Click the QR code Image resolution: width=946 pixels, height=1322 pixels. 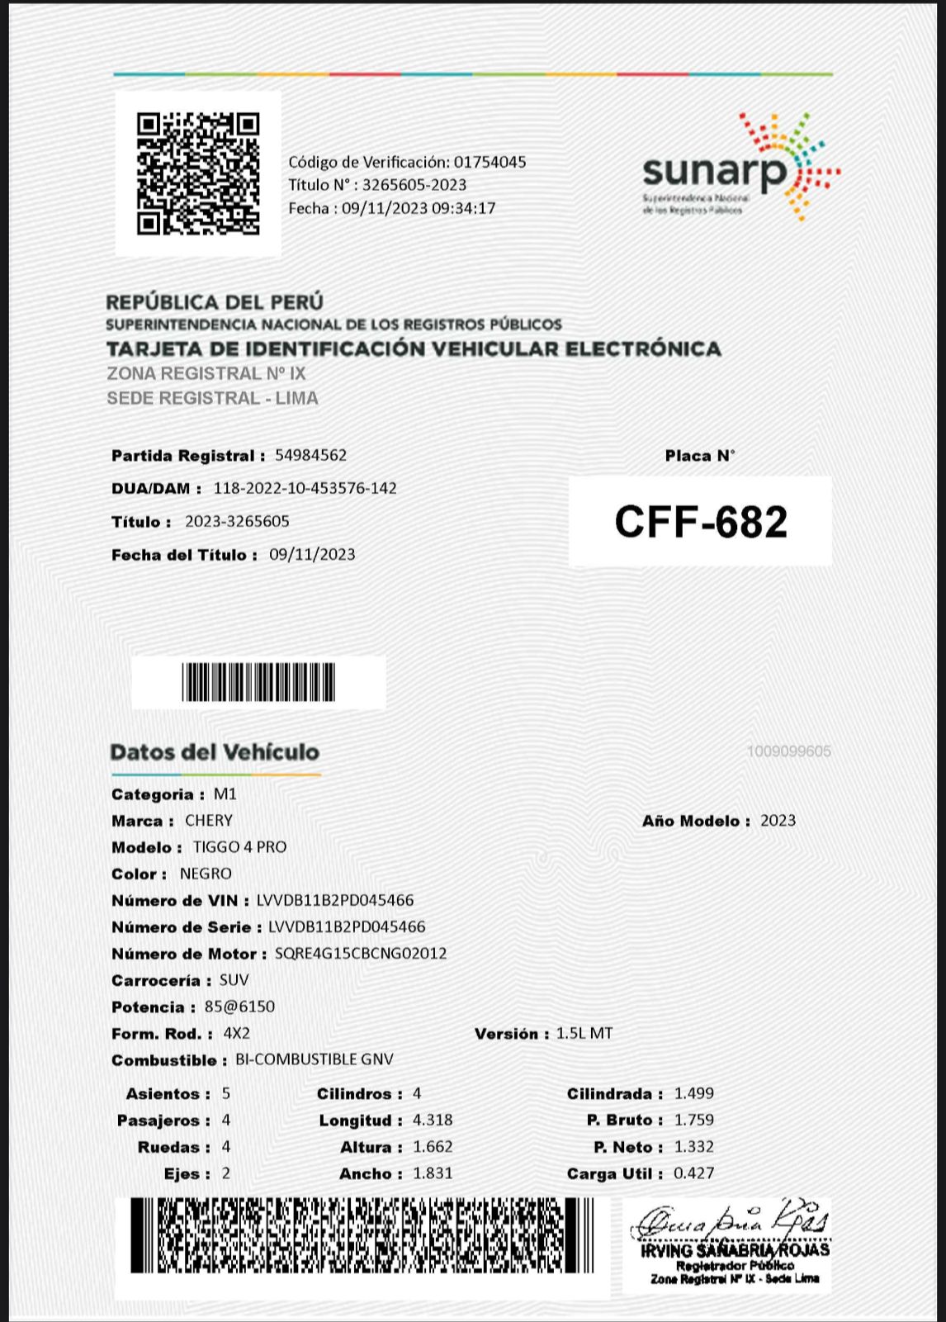click(x=198, y=173)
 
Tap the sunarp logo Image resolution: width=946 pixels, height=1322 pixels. click(x=740, y=168)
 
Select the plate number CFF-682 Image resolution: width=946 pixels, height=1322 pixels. click(x=701, y=522)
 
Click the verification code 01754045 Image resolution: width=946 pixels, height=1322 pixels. click(x=490, y=162)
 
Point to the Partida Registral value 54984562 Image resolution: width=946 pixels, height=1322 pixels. click(x=311, y=455)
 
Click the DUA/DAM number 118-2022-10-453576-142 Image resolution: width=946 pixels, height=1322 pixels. click(x=305, y=488)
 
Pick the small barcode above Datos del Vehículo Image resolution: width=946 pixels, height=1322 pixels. click(x=258, y=682)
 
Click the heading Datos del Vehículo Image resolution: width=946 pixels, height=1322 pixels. click(x=215, y=752)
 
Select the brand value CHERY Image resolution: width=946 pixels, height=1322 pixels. click(x=209, y=820)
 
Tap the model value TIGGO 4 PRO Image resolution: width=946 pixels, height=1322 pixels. click(x=240, y=846)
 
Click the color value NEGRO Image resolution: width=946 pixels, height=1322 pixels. click(x=206, y=874)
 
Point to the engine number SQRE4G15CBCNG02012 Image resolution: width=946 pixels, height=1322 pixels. click(x=361, y=953)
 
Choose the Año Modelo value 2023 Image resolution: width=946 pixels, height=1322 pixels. click(x=778, y=820)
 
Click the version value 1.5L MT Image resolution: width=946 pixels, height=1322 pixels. click(x=584, y=1033)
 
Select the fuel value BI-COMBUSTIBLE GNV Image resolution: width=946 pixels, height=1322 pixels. click(x=315, y=1059)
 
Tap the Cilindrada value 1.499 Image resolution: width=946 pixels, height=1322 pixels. click(x=694, y=1093)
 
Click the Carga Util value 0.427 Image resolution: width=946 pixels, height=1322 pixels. click(x=694, y=1173)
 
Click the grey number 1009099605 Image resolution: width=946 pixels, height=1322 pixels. click(x=788, y=751)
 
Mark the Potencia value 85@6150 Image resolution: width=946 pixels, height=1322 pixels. click(x=239, y=1007)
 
